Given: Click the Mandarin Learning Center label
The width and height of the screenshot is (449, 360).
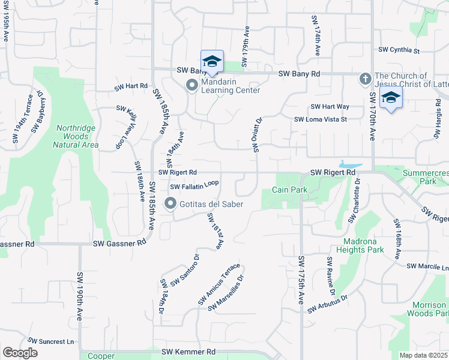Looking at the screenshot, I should [x=231, y=86].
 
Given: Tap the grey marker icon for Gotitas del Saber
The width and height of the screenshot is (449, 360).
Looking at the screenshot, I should [x=170, y=204].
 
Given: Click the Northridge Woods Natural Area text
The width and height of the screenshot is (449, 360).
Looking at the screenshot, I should [x=76, y=136].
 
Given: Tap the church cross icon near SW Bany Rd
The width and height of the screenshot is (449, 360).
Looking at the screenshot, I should [x=364, y=79].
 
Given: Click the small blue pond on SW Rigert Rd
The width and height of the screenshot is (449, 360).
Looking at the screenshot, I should [x=350, y=164].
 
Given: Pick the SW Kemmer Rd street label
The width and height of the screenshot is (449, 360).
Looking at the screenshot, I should [x=188, y=352].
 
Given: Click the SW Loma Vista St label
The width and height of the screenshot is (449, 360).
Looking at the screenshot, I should [x=321, y=119].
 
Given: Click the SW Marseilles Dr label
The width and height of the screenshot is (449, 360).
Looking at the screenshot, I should [x=226, y=293].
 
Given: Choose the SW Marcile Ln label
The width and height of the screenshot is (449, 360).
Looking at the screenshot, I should [x=427, y=266].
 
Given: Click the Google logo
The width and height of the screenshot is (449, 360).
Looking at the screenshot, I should [x=20, y=352].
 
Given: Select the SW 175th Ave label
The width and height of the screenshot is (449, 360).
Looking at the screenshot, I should [x=301, y=280].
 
